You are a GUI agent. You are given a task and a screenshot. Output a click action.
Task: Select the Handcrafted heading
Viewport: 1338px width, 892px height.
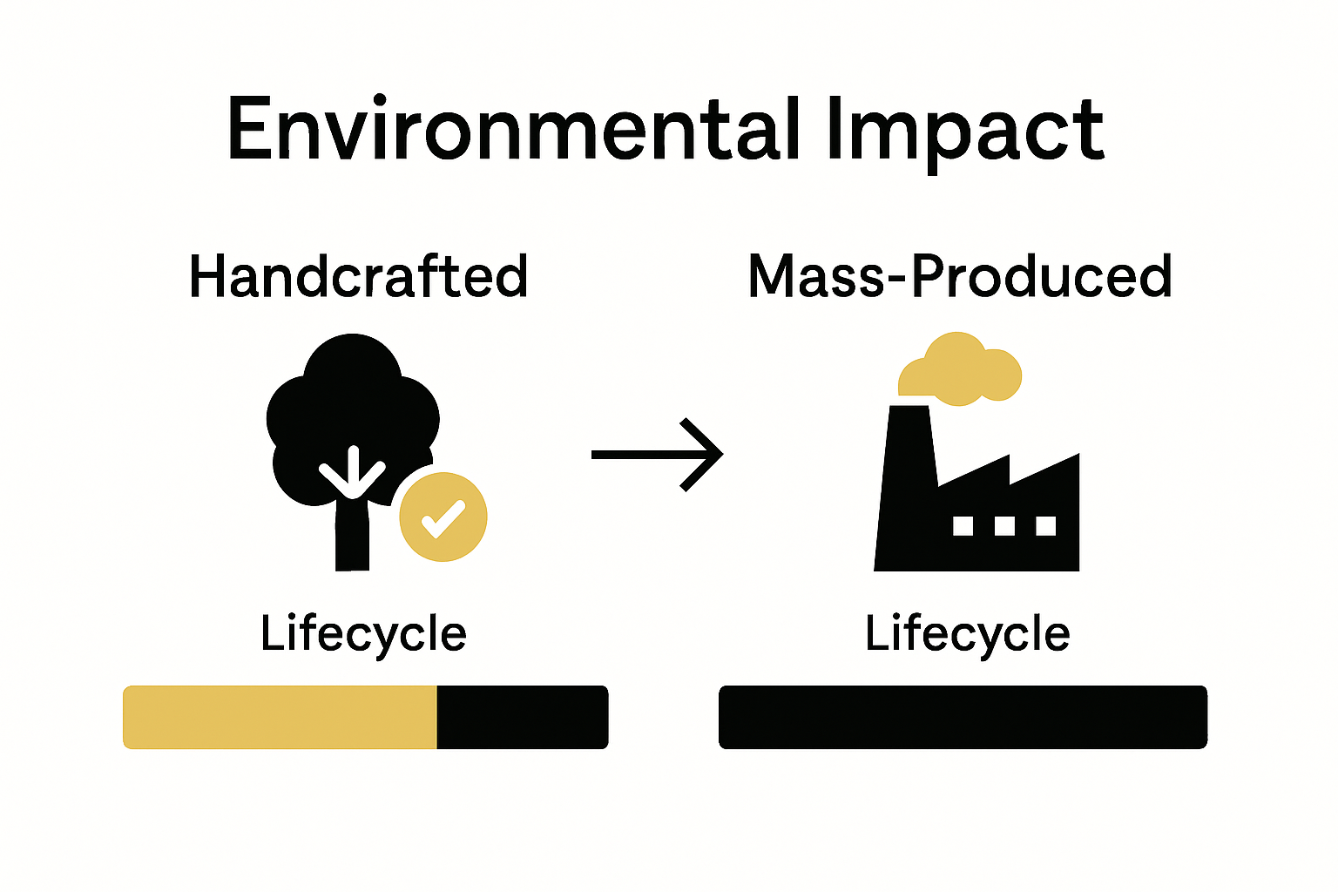[x=358, y=276]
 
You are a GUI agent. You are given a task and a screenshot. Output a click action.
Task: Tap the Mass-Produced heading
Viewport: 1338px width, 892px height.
[x=959, y=276]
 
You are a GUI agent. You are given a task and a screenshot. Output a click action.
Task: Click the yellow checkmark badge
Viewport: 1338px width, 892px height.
[x=443, y=517]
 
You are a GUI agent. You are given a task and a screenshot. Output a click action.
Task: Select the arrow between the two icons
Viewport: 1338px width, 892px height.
[x=657, y=454]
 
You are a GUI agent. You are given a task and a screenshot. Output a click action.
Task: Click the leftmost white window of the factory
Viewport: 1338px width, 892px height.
[x=963, y=525]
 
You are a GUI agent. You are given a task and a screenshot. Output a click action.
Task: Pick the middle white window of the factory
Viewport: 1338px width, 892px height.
[x=1004, y=525]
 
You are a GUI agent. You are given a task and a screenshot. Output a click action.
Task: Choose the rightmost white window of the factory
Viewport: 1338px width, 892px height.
[x=1045, y=525]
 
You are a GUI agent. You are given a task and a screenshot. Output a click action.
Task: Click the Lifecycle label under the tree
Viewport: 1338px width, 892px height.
[x=363, y=633]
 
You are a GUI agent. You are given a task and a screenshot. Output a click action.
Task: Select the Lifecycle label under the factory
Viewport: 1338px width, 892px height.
[x=967, y=633]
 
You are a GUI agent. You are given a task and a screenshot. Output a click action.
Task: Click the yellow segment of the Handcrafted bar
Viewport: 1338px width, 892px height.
[x=279, y=717]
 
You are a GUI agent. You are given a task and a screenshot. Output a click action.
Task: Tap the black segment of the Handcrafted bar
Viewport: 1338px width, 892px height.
[x=522, y=717]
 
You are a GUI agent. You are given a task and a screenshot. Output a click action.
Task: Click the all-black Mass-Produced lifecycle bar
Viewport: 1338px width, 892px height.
[x=963, y=717]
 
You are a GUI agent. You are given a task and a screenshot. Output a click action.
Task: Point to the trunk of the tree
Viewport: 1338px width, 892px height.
[x=352, y=540]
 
